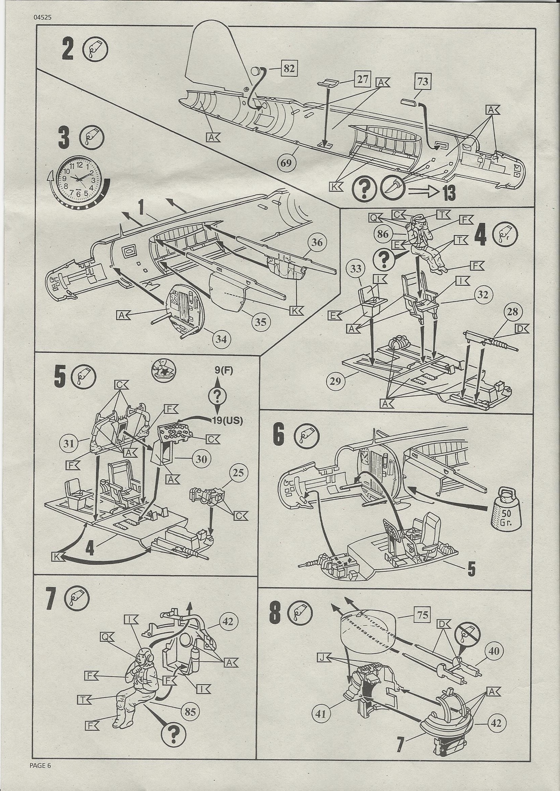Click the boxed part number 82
289,69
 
